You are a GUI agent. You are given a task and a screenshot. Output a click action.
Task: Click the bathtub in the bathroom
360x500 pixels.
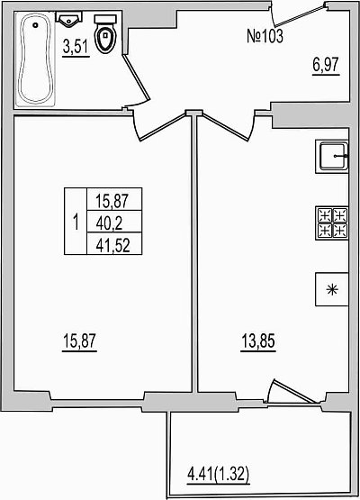35,59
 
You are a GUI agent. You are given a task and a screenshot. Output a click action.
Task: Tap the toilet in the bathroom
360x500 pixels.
105,34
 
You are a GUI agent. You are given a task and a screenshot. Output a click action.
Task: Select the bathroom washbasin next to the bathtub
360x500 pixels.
69,19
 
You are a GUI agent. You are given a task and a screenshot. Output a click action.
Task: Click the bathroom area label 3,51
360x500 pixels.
76,47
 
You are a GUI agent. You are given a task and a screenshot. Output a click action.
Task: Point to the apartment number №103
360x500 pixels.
265,36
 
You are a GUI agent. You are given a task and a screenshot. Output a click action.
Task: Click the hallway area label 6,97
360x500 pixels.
326,66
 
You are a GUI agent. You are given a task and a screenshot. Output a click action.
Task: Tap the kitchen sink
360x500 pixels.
331,157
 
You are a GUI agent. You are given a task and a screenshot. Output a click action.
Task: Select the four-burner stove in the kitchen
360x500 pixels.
331,223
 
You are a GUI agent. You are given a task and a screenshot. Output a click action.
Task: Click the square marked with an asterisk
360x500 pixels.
331,289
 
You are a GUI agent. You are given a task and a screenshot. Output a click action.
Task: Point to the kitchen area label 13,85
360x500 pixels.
258,341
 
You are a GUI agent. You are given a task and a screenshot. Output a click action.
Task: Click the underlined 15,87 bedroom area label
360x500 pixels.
79,341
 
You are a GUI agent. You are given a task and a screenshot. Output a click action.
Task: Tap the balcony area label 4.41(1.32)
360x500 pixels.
218,475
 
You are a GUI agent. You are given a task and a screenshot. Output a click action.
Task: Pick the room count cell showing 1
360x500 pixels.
76,222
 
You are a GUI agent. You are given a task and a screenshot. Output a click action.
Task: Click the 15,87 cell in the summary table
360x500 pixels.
114,199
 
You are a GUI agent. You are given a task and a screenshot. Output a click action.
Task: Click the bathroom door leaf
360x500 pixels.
137,77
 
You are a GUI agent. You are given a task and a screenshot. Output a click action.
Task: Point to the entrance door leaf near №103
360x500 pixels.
300,15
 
